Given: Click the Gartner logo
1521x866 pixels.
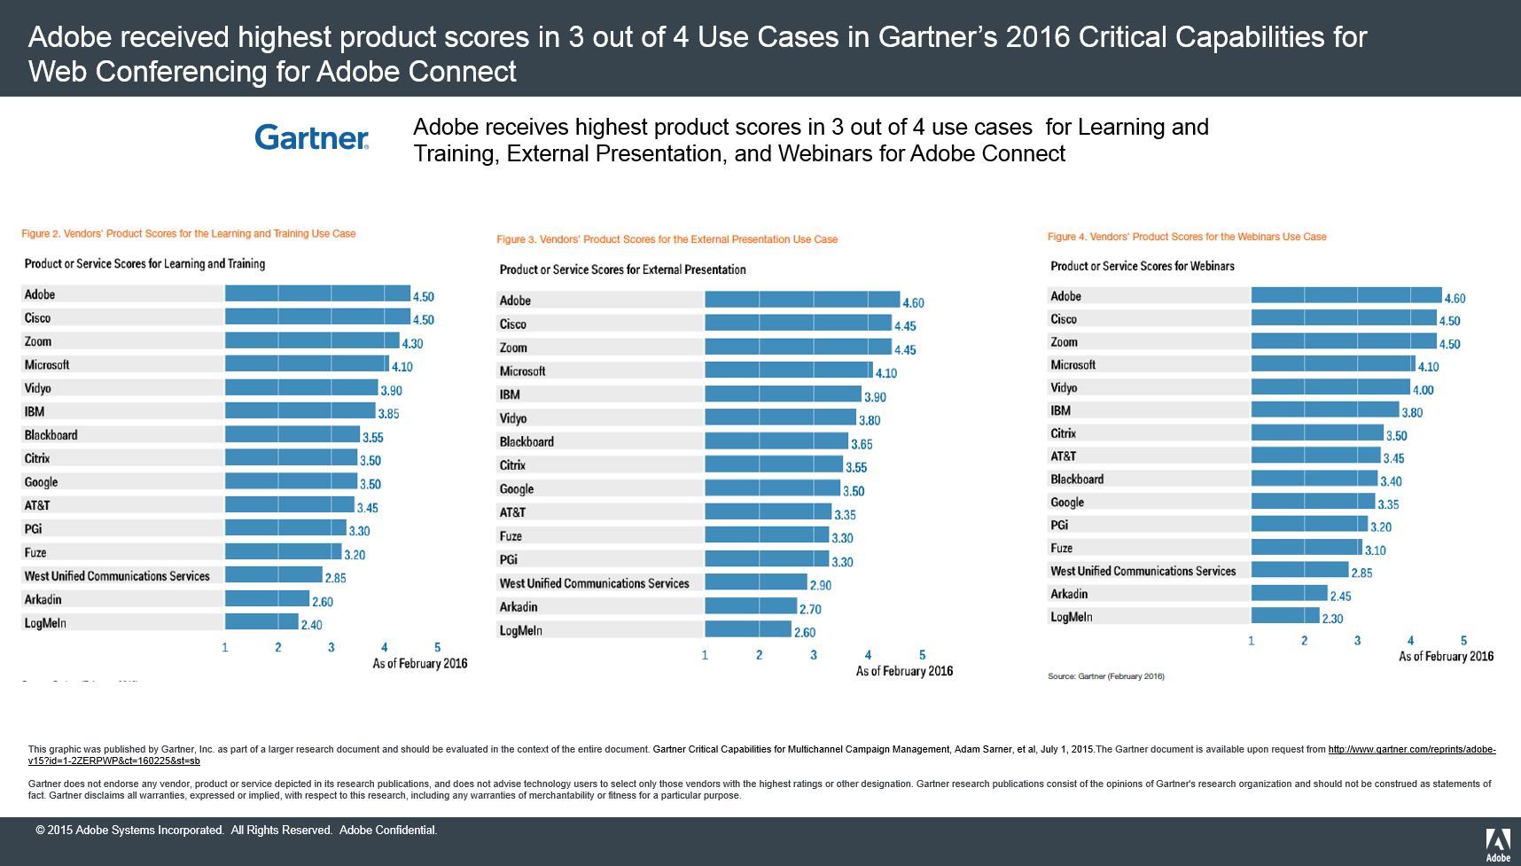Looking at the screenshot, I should (311, 137).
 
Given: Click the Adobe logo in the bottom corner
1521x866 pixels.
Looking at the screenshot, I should (1498, 845).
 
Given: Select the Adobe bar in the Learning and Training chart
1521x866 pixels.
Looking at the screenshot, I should (317, 293).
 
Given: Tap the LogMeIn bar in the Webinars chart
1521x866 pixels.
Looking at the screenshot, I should (1285, 616).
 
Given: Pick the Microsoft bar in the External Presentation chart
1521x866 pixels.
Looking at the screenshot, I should (788, 371).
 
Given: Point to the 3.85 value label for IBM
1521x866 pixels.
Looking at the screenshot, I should (388, 414).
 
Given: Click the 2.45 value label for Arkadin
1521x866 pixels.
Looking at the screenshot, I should (1340, 597).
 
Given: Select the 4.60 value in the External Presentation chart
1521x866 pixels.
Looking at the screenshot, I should (913, 303).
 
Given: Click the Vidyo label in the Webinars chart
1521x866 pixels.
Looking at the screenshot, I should (1064, 387).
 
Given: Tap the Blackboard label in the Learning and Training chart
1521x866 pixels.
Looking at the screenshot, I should (51, 435).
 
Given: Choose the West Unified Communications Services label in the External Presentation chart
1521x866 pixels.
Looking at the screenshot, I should (594, 583).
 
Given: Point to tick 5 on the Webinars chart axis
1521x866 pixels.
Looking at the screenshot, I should (1463, 640).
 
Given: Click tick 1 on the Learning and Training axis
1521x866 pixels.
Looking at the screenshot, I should (225, 647).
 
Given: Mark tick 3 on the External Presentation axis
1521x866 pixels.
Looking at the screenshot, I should (814, 655).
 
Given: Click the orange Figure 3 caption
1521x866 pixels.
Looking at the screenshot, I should (667, 239).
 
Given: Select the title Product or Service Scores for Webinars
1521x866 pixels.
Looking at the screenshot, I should (1142, 266).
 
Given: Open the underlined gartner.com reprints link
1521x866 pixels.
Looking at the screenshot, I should (1411, 749).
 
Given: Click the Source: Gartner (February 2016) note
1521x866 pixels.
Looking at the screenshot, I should (1105, 676).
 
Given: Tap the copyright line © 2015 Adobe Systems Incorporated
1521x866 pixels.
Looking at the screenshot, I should (236, 831).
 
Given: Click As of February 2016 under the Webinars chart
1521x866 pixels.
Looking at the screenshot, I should (1446, 657).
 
